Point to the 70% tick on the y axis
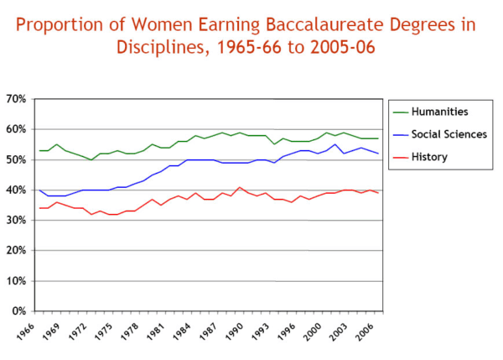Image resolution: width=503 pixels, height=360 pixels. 16,98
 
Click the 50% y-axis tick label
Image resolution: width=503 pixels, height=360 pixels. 16,159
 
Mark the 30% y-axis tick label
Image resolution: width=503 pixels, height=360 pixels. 16,220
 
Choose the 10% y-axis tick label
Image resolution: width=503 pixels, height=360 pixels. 16,281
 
